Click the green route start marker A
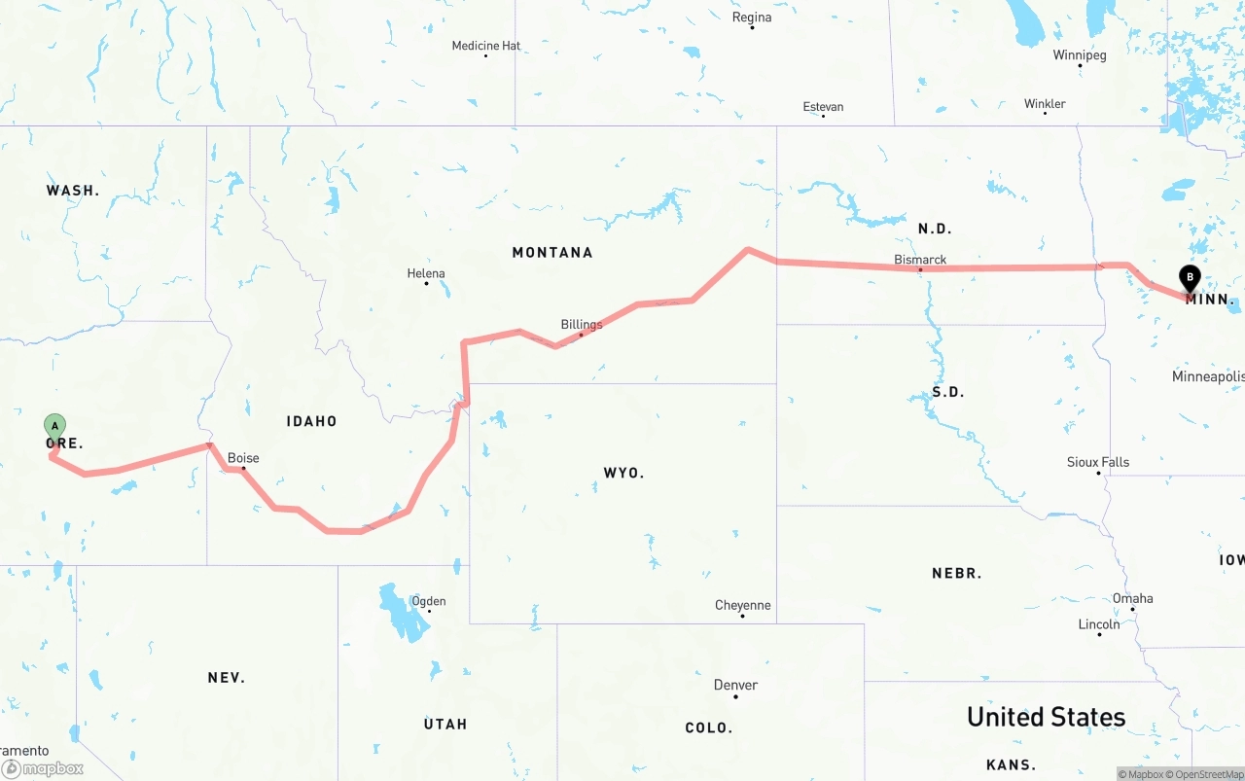coord(55,426)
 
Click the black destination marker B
coord(1190,277)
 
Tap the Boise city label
coord(243,458)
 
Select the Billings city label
coord(582,324)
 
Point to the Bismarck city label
coord(920,260)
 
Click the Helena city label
coord(426,273)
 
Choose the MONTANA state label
coord(551,252)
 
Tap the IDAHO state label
coord(311,421)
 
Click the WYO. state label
coord(623,473)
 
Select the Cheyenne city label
coord(742,605)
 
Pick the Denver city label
coord(735,685)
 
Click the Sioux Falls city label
coord(1098,462)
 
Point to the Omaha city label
coord(1133,598)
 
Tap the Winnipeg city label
coord(1080,55)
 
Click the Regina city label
coord(752,18)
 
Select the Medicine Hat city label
coord(485,46)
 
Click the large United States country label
coord(1046,717)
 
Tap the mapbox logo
coord(43,768)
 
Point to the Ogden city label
coord(428,601)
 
